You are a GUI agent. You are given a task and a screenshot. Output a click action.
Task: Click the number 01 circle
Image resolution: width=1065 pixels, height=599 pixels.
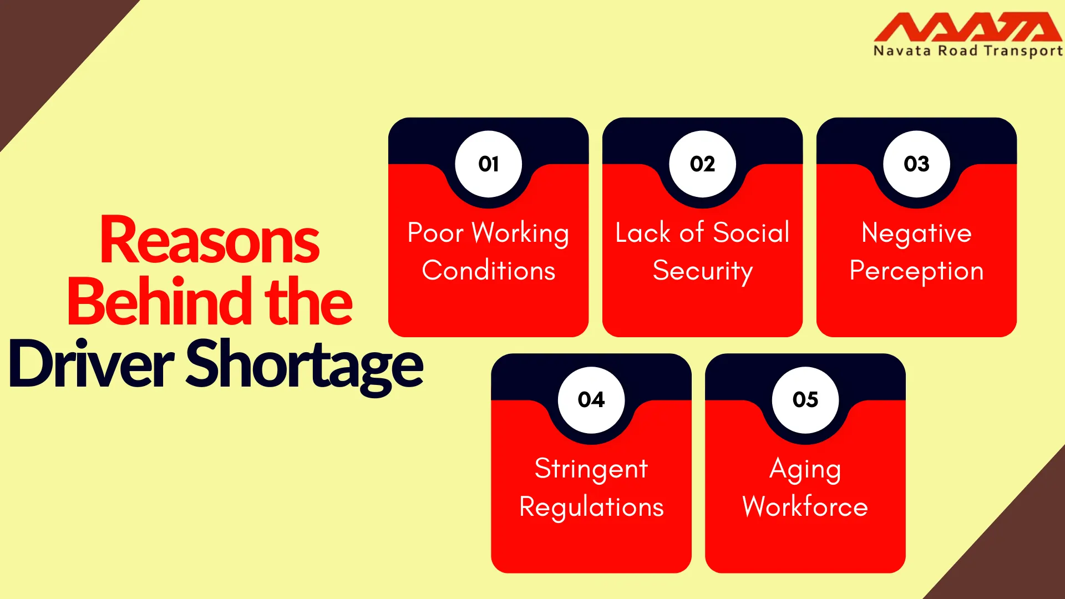coord(488,164)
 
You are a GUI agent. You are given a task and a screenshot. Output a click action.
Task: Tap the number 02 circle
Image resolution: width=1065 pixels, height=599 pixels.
coord(702,164)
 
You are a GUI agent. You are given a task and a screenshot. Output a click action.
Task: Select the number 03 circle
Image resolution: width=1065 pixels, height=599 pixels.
coord(916,164)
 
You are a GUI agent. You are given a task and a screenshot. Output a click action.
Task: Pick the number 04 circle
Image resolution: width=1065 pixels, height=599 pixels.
coord(591,399)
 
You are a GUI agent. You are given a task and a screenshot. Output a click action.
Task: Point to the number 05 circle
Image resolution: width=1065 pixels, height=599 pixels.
coord(805,399)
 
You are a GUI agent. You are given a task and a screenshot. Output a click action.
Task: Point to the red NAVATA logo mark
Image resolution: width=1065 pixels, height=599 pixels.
coord(968,27)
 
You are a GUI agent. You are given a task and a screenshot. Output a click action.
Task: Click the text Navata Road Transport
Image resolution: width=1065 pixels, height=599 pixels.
coord(968,51)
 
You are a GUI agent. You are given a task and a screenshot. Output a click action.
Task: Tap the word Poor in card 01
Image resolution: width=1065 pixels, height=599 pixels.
coord(435,232)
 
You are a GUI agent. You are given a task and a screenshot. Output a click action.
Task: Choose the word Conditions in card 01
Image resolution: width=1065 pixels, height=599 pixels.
coord(489,271)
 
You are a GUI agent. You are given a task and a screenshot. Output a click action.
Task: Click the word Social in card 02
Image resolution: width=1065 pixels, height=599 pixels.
coord(751,232)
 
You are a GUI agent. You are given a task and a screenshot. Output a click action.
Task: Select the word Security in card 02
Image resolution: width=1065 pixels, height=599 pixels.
coord(703,272)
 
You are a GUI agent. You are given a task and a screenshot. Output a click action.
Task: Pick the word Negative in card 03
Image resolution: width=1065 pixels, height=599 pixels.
coord(916,233)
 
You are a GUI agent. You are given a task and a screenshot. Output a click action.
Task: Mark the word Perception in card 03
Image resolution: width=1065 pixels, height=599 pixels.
coord(916,272)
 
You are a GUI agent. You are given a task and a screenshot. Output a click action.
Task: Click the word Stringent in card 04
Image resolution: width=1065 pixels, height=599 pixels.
coord(591,469)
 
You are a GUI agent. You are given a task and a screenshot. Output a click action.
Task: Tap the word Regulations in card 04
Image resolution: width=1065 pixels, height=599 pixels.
coord(591,507)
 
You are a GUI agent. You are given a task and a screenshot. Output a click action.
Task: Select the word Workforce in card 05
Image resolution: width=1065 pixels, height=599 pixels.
coord(805,506)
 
